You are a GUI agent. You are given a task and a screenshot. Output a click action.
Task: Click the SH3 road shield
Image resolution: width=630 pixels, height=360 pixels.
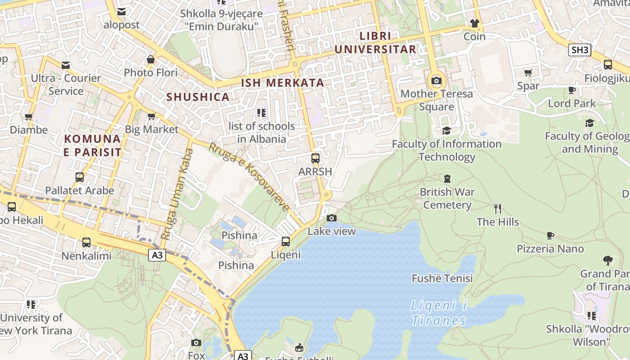[x=580, y=50]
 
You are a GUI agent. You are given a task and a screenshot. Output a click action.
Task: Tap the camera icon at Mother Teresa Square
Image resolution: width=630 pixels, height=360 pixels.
[x=436, y=81]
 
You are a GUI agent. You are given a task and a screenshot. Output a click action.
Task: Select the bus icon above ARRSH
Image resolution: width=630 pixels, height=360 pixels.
[x=315, y=158]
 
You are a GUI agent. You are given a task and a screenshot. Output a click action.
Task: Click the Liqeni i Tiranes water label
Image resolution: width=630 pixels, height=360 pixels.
[x=439, y=313]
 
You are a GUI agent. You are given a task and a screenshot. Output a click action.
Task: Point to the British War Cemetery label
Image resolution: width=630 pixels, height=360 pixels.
[x=447, y=198]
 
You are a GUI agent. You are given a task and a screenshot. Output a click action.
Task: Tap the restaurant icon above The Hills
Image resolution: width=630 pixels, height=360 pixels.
[x=497, y=209]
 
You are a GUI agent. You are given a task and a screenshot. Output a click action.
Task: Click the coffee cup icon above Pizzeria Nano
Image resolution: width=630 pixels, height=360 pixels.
[x=550, y=235]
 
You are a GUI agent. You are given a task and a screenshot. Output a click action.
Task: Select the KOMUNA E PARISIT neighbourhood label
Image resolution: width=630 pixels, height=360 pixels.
[x=92, y=145]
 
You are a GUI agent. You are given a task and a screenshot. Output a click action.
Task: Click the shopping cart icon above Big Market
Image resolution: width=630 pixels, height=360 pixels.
[x=151, y=117]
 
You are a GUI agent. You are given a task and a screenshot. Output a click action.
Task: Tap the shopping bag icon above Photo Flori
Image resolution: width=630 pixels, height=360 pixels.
[x=151, y=59]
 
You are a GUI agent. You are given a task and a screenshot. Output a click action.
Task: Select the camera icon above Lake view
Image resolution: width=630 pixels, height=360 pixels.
[x=332, y=218]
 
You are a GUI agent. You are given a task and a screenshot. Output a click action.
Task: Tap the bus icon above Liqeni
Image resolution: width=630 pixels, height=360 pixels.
[x=285, y=242]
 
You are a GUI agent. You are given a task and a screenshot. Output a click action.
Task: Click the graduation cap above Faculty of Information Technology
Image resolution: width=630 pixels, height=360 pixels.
[x=446, y=130]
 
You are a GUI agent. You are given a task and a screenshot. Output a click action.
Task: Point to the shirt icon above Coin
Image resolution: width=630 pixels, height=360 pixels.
[x=474, y=23]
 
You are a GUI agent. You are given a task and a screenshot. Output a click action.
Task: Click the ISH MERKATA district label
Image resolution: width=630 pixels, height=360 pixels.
[x=283, y=83]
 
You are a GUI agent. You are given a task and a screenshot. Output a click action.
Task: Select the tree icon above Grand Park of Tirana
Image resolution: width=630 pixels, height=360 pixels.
[x=607, y=260]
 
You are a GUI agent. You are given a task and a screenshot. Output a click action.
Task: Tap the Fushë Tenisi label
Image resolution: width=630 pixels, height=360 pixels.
[x=442, y=279]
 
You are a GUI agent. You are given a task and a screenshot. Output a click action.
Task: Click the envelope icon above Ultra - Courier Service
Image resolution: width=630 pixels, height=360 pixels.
[x=66, y=65]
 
